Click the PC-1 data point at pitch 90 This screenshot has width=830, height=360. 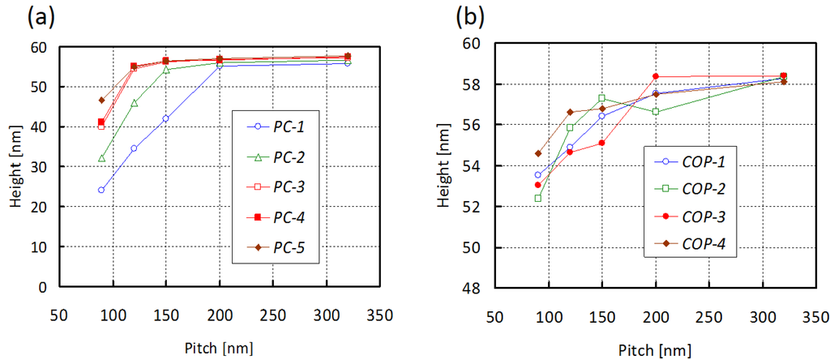click(101, 191)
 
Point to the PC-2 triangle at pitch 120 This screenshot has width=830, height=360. click(134, 103)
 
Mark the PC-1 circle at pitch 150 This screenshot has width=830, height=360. click(165, 118)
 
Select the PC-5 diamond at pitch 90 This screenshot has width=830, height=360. click(101, 101)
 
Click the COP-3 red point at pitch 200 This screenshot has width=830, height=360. click(656, 76)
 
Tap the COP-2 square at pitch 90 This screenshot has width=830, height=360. click(537, 198)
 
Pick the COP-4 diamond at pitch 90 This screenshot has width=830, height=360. click(537, 153)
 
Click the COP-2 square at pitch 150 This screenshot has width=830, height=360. click(602, 98)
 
